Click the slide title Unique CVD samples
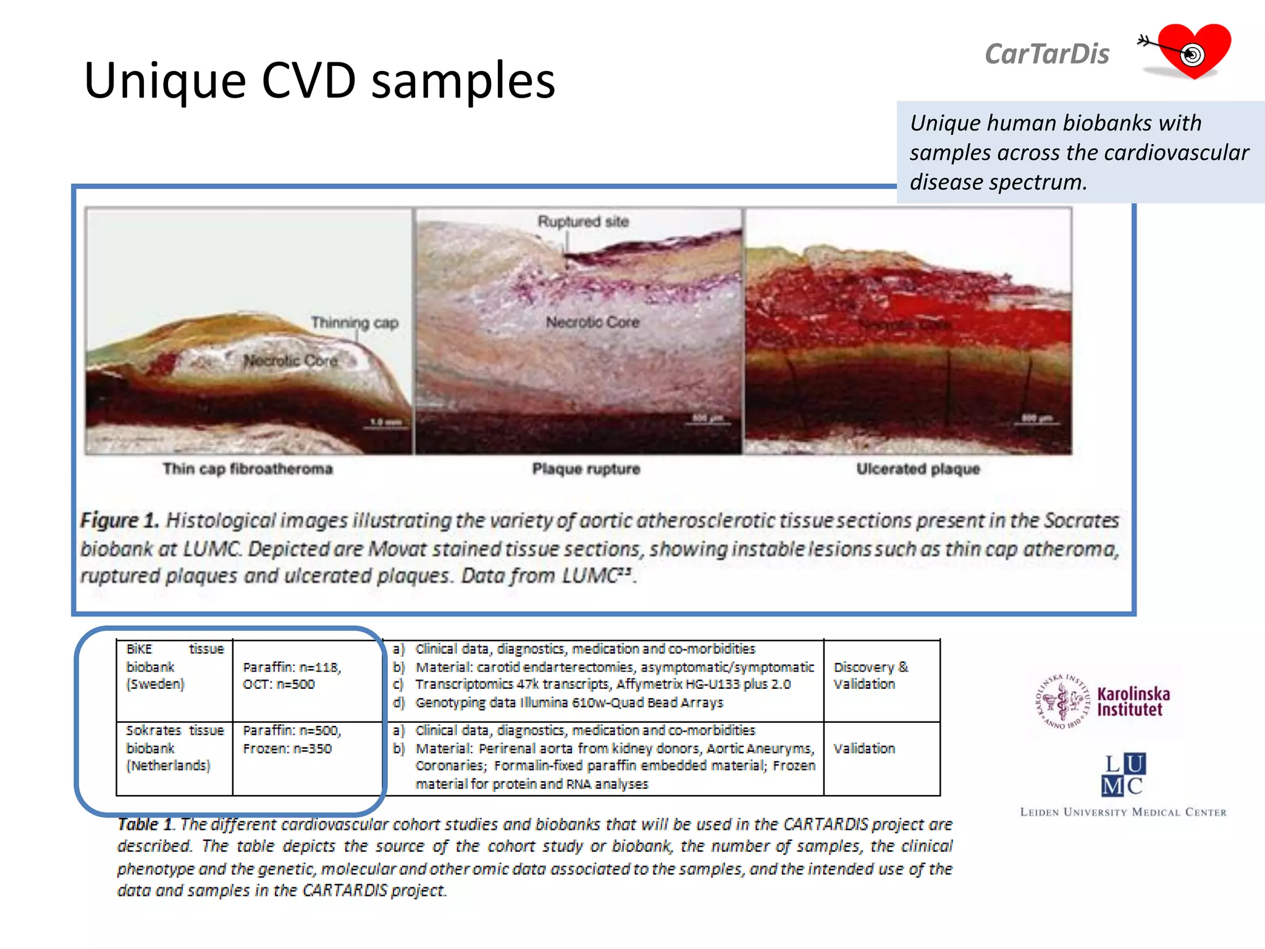coord(319,80)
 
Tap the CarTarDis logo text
coord(1046,54)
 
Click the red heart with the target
coord(1193,51)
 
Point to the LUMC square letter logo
coord(1124,774)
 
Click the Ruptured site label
coord(582,222)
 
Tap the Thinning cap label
coord(355,323)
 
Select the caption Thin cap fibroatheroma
coord(248,469)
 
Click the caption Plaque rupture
coord(586,469)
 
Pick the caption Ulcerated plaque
coord(918,469)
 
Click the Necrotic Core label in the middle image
coord(592,322)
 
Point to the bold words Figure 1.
coord(120,520)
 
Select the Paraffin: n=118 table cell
coord(292,667)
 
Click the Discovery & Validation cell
coord(870,675)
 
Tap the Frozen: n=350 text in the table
coord(287,749)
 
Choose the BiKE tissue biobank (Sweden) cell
coord(175,667)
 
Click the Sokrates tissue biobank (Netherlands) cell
coord(175,748)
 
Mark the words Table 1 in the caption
coord(146,824)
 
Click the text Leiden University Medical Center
coord(1123,812)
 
